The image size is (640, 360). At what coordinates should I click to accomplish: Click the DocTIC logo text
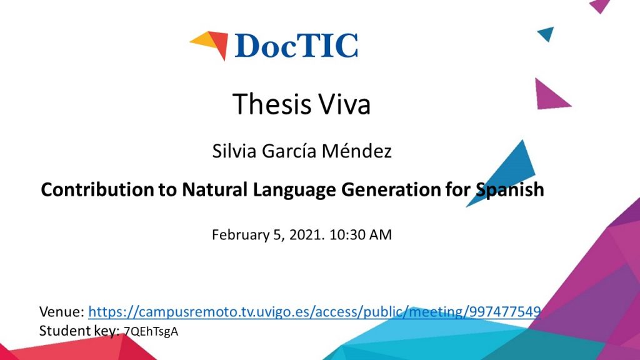[296, 45]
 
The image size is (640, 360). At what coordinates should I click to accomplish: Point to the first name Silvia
[234, 151]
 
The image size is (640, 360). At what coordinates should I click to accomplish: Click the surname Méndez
[356, 151]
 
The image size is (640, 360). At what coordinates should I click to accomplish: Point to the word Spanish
[510, 190]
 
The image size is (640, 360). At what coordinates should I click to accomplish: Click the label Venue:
[62, 312]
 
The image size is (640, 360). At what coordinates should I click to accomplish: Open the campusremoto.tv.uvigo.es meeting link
[314, 312]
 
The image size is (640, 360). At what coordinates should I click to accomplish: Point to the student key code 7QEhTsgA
[151, 331]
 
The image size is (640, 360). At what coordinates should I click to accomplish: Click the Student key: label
[79, 331]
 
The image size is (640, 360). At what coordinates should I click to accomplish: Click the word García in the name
[289, 151]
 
